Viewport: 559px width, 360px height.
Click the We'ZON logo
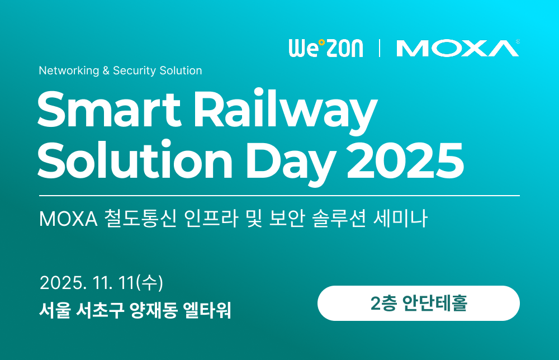(x=325, y=48)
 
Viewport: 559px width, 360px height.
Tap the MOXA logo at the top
(x=457, y=48)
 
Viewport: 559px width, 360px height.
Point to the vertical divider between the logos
(x=380, y=48)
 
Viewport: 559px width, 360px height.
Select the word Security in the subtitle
(x=135, y=71)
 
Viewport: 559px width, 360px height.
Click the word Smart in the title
(x=103, y=111)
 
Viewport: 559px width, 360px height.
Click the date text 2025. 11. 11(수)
(x=101, y=283)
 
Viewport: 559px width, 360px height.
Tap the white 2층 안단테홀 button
(x=418, y=304)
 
